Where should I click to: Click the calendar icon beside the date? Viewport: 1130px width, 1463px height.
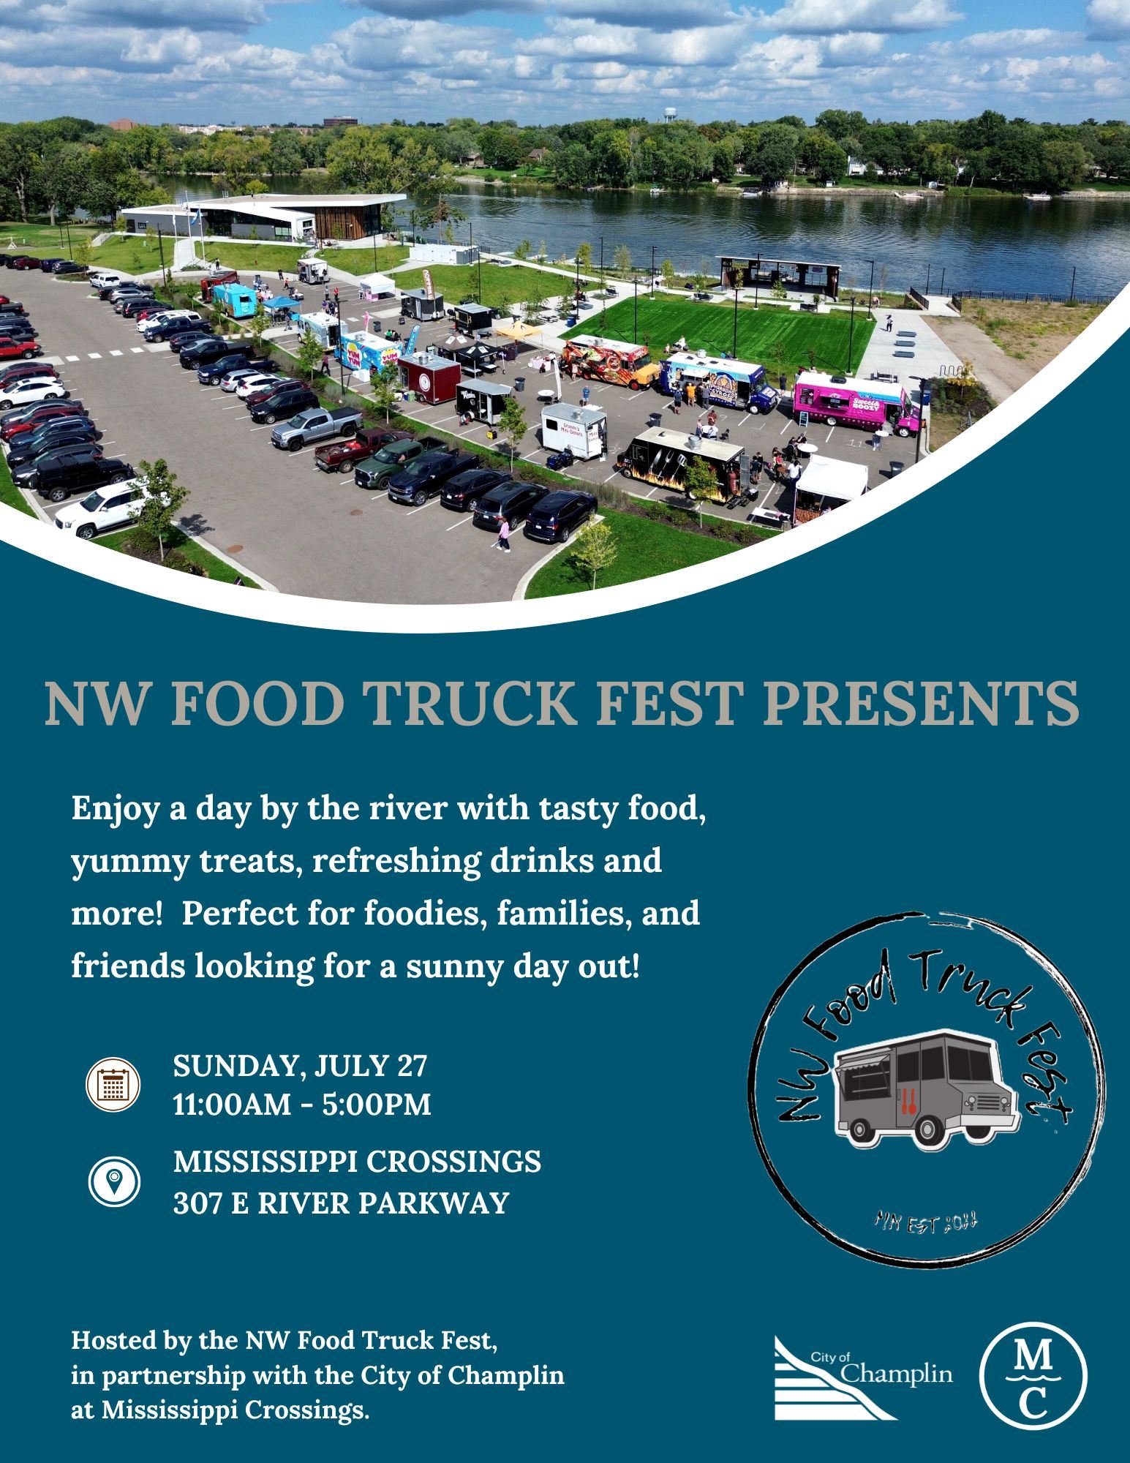click(113, 1084)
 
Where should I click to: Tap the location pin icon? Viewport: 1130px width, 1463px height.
click(114, 1180)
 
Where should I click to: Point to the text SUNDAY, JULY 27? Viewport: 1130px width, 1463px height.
click(299, 1066)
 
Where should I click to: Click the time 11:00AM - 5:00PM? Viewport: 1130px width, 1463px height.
click(301, 1105)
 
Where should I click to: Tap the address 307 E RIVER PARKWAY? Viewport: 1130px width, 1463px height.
click(340, 1203)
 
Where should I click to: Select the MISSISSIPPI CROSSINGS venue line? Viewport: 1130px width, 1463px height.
click(357, 1161)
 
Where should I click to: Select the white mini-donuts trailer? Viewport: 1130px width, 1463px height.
click(573, 430)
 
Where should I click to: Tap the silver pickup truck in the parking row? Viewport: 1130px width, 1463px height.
click(316, 427)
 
